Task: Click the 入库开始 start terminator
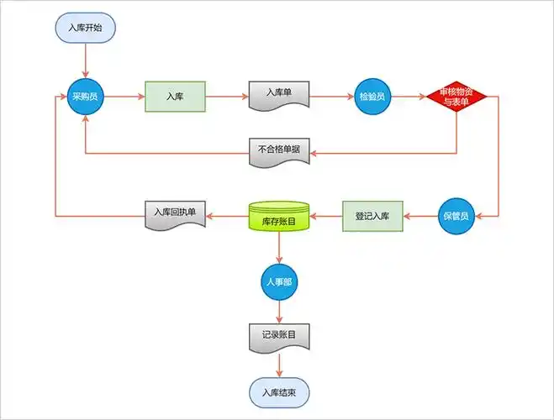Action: point(85,27)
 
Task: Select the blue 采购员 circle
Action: point(85,97)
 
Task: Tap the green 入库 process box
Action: point(175,97)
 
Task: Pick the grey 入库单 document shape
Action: point(279,95)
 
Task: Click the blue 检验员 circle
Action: point(371,97)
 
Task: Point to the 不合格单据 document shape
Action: point(279,151)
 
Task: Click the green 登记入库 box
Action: point(372,217)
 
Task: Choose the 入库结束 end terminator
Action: point(279,391)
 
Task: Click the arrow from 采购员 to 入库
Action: point(124,97)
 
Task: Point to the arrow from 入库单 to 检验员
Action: point(331,97)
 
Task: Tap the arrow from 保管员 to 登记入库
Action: point(420,217)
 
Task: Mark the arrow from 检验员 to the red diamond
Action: point(409,97)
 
